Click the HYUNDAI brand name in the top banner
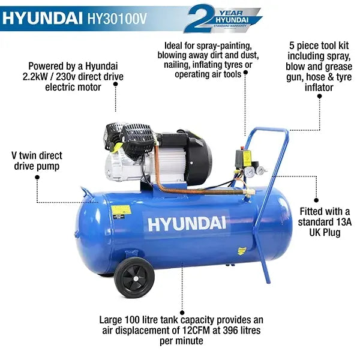[x=45, y=19]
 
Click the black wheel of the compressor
[x=134, y=277]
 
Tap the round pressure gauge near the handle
[x=248, y=172]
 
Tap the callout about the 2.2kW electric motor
[x=73, y=76]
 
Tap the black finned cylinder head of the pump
[x=138, y=135]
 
